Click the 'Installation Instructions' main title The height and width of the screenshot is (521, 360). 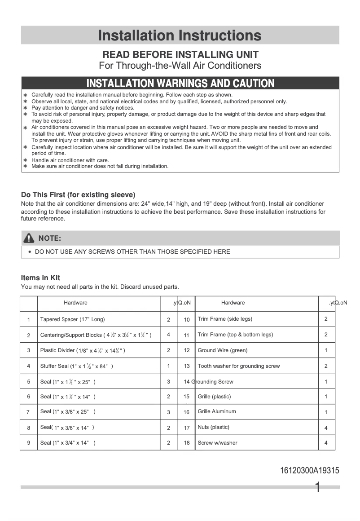point(180,35)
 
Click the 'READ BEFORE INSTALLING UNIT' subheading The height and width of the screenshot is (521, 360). point(180,55)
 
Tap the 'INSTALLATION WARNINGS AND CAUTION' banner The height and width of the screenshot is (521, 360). point(180,83)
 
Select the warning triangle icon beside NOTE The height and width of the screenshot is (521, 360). point(29,238)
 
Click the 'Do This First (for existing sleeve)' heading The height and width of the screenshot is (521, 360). point(78,195)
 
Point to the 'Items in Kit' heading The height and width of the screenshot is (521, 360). point(40,278)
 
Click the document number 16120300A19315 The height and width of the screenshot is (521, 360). point(309,471)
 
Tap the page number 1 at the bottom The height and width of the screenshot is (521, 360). point(318,487)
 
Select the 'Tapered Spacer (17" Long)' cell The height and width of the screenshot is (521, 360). point(72,319)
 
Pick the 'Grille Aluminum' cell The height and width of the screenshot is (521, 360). point(216,411)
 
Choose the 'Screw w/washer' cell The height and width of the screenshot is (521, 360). point(217,443)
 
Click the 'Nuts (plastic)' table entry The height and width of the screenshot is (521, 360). point(213,427)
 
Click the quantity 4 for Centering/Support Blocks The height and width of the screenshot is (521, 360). point(169,335)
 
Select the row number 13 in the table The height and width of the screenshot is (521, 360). point(187,366)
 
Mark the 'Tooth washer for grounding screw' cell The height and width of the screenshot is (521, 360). point(238,366)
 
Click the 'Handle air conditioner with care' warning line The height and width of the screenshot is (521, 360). point(70,160)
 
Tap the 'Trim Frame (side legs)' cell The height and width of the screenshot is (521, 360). point(224,319)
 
